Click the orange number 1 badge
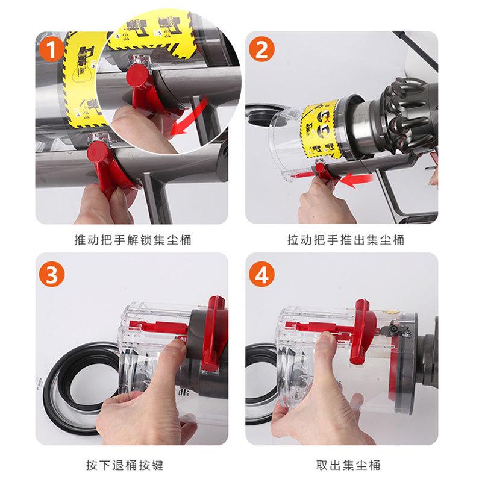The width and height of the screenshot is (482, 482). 52,50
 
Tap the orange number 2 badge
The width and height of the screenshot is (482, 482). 261,50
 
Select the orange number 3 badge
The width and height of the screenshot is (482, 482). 52,275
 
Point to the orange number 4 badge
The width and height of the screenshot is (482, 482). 261,275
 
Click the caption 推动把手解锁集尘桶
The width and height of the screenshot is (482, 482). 132,240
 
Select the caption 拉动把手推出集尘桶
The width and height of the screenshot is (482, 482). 345,240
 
